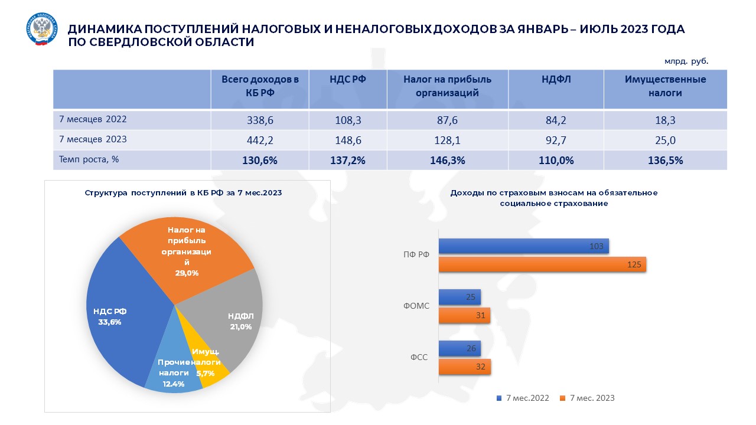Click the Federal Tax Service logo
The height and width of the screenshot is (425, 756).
click(41, 31)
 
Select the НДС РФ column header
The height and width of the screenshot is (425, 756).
click(348, 80)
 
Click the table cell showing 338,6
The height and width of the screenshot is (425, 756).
click(260, 120)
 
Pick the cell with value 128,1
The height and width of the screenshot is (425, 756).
click(447, 140)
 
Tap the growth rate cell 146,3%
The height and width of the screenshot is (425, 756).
click(447, 160)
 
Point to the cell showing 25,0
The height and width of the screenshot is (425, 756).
click(665, 140)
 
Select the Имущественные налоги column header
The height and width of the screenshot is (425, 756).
click(665, 86)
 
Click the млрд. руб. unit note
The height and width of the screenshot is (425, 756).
click(686, 61)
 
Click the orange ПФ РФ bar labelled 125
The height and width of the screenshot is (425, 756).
click(542, 264)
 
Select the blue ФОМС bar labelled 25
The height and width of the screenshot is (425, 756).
click(460, 297)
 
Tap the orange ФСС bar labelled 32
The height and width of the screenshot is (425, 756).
click(464, 367)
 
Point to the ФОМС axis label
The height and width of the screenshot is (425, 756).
click(416, 306)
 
